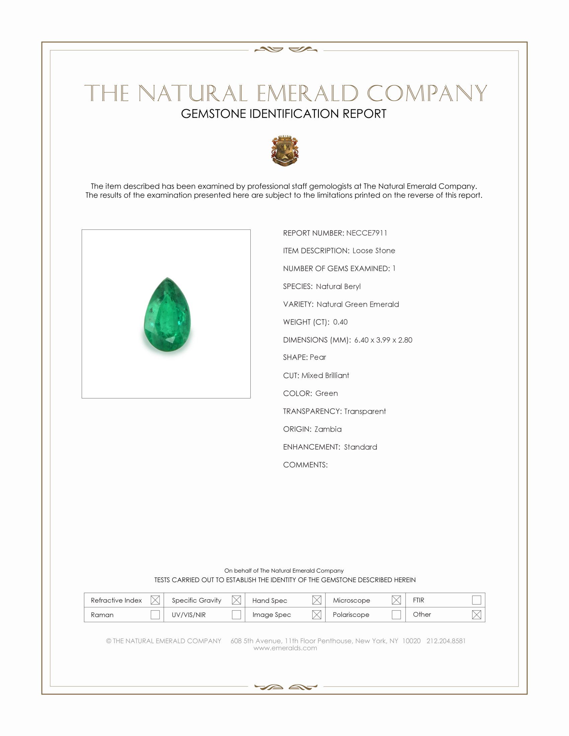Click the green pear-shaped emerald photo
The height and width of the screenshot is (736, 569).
click(x=167, y=315)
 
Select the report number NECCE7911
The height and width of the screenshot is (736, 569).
click(x=367, y=233)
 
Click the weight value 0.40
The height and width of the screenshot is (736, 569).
click(x=340, y=322)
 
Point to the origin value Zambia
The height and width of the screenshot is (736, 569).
click(x=328, y=429)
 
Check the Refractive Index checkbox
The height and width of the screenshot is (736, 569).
click(x=155, y=600)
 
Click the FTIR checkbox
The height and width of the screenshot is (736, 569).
click(x=476, y=600)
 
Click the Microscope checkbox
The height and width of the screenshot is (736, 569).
click(x=396, y=600)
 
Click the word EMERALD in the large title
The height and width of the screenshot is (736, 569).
click(x=307, y=93)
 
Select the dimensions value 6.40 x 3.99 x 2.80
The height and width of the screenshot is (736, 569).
click(x=383, y=340)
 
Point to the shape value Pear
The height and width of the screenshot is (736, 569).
click(x=318, y=357)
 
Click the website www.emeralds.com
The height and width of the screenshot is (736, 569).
click(x=285, y=648)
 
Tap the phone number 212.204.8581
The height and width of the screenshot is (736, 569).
click(x=446, y=641)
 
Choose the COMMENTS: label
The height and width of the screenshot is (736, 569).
click(x=305, y=465)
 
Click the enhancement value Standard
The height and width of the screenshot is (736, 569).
click(x=360, y=447)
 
